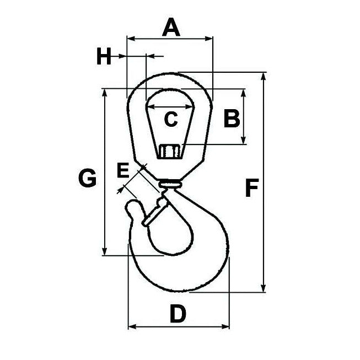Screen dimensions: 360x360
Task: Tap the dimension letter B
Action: click(231, 118)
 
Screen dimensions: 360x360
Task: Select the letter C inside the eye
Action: click(171, 119)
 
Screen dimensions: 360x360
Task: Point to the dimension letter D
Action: click(177, 314)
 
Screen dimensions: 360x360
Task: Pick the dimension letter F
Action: click(251, 189)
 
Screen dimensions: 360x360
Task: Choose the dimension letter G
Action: click(87, 178)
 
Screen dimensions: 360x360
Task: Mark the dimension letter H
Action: click(104, 56)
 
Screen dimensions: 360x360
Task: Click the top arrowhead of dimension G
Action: click(104, 92)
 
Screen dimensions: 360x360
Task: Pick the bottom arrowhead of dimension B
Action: click(244, 142)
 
